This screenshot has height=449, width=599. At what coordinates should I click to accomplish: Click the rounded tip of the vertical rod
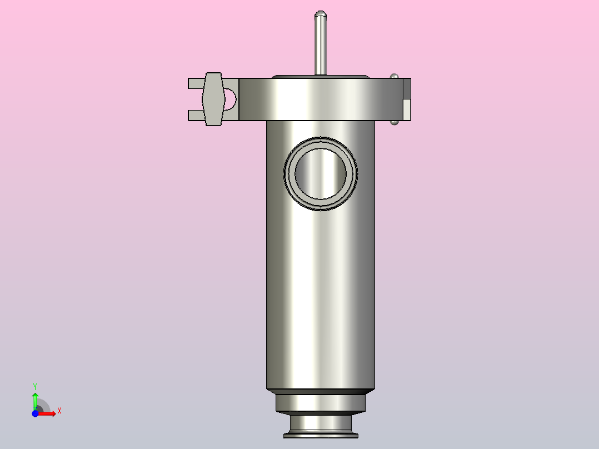coord(321,14)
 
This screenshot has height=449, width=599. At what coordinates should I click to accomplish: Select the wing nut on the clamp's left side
coord(213,99)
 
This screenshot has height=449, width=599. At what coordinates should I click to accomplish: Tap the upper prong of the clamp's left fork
coord(196,83)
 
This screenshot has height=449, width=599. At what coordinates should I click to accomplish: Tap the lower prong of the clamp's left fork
coord(196,115)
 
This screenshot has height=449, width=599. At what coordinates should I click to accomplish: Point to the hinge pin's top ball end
coord(395,76)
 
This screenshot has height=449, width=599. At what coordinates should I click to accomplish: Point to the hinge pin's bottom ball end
coord(395,122)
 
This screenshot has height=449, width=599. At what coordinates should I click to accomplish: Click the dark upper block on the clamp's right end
coord(407,89)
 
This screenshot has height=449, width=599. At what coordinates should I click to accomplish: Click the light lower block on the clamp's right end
coord(407,109)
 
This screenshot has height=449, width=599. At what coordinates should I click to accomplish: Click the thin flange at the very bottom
coord(321,434)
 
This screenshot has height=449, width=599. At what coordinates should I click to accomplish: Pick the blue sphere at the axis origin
coord(35,413)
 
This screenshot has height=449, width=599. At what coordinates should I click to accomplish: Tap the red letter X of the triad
coord(59,411)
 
